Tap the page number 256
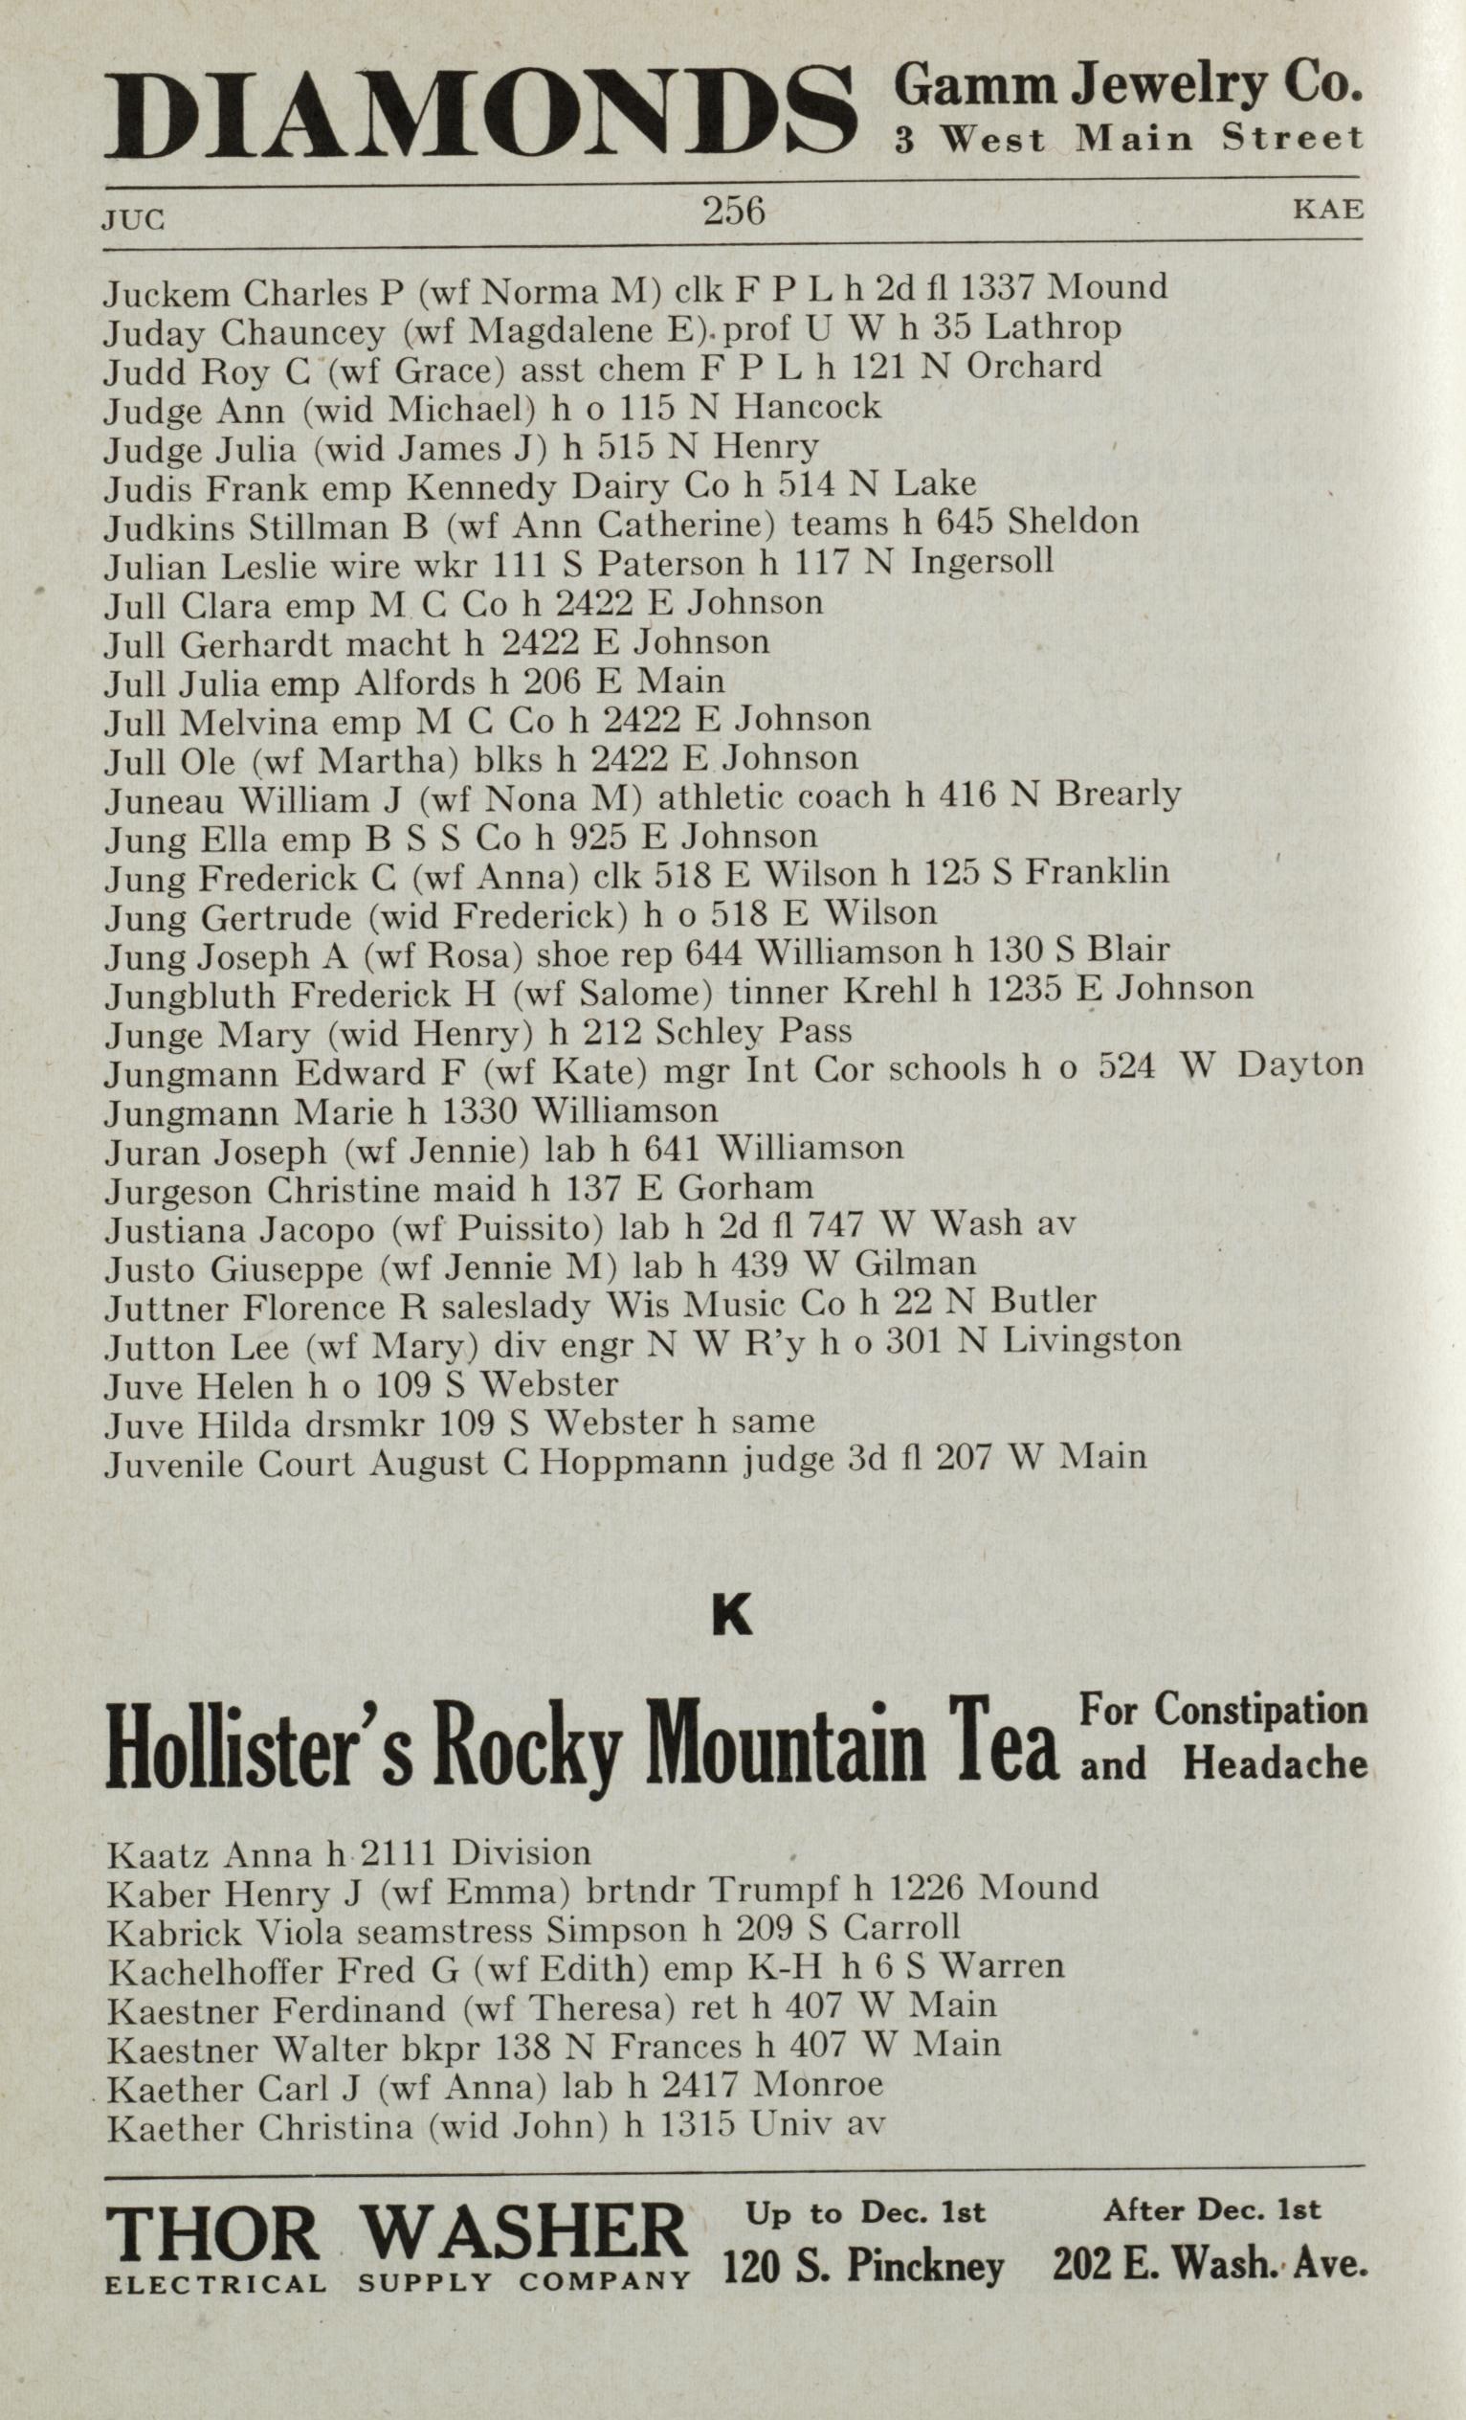tap(734, 211)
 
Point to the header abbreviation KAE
tap(1327, 210)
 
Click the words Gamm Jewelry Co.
tap(1127, 88)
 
